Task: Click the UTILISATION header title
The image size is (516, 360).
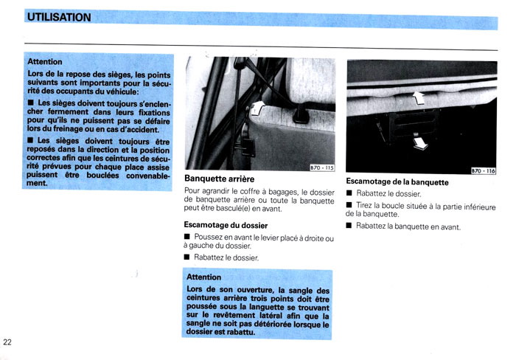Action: point(58,17)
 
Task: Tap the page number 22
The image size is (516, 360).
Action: point(7,342)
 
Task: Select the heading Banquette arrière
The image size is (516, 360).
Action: point(219,179)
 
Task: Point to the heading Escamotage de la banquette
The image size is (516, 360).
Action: point(397,181)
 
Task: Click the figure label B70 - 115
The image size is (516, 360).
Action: point(321,167)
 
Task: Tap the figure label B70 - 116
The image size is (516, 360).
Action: point(483,170)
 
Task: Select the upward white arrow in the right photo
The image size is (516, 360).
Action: point(419,95)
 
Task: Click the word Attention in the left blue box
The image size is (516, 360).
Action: point(44,62)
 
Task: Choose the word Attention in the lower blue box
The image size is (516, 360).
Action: point(204,277)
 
